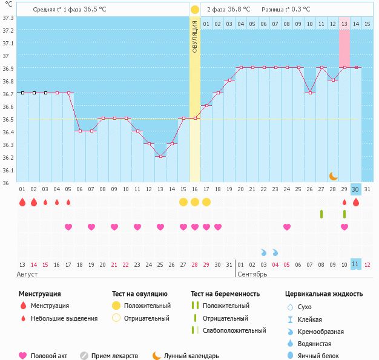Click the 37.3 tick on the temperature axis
coord(8,17)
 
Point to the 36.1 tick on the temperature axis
coord(8,170)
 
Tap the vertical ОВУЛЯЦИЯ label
coord(195,36)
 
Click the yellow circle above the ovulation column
coord(194,10)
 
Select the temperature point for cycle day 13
coord(160,156)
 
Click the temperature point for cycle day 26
coord(310,93)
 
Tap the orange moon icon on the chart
coord(333,176)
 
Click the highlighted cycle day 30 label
coord(356,189)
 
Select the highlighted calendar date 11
coord(356,264)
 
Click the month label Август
coord(28,274)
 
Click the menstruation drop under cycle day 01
coord(22,202)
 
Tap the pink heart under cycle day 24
coord(287,227)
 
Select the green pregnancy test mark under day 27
coord(321,214)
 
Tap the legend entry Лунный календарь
coord(191,356)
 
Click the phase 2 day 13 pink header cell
coord(344,24)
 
